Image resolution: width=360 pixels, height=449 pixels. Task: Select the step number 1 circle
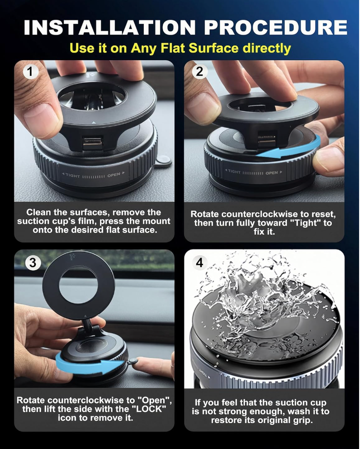(x=31, y=72)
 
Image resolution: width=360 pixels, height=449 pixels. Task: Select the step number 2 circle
(x=199, y=72)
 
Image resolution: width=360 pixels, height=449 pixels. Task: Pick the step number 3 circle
(x=33, y=263)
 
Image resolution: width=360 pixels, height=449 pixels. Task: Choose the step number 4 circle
(x=199, y=262)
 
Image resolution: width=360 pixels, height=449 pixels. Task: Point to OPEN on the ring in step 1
(x=114, y=175)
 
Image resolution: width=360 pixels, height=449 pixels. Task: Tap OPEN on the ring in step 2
(x=271, y=173)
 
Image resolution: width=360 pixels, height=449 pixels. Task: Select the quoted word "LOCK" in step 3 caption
(x=150, y=409)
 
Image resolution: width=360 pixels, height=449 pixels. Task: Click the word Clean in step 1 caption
(x=39, y=212)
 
